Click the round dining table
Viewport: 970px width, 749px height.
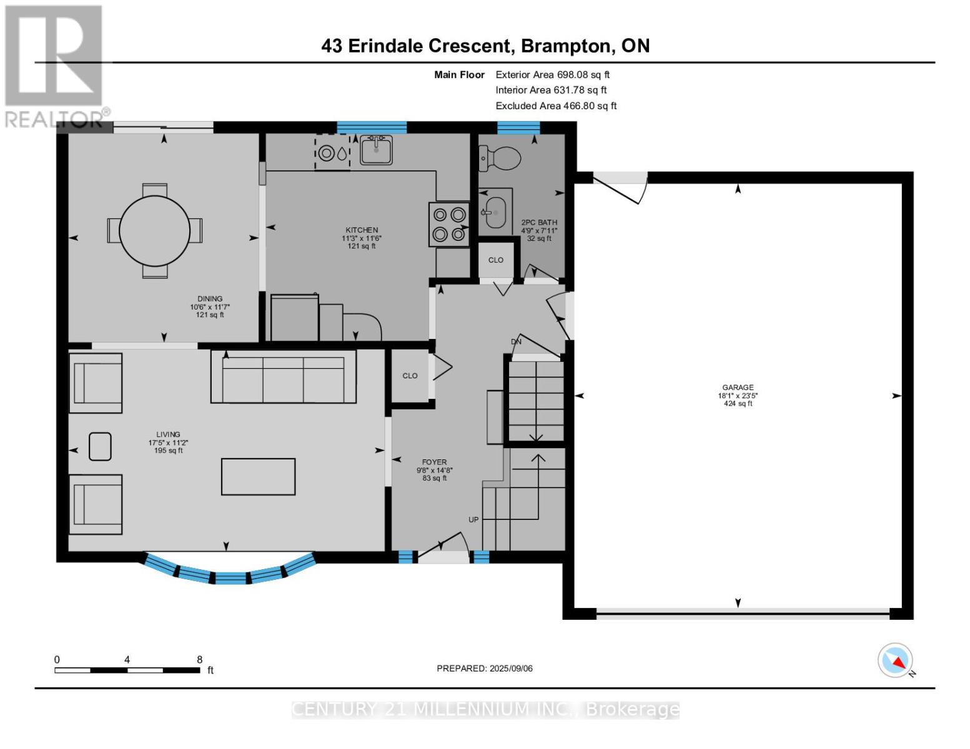154,231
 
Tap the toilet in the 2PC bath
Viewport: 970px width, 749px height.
500,157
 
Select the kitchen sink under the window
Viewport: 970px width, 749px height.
376,150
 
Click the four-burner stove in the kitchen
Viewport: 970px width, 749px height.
449,224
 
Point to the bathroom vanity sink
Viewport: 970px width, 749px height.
495,212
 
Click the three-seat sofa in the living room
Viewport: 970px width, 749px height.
284,376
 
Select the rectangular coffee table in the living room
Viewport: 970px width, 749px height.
258,476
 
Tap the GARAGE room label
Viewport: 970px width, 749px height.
738,387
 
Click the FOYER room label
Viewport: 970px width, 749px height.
434,462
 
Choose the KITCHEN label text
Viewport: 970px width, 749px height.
362,230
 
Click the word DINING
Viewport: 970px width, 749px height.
210,298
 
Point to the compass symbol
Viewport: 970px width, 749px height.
895,660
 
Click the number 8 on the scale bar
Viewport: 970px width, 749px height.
199,659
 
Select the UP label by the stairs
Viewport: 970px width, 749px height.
473,519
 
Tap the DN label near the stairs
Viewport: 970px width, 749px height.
516,341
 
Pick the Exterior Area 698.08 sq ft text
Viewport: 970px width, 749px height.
553,74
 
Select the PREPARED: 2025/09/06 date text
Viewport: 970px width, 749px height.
485,668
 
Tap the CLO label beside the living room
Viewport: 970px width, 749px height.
410,376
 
